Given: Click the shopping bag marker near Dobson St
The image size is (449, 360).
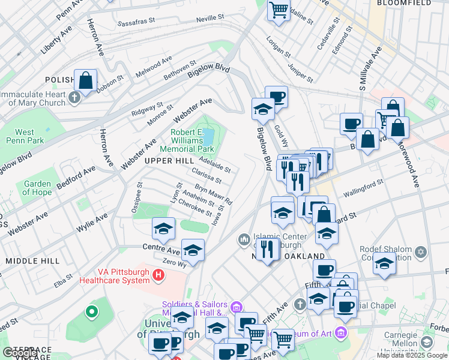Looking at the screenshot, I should (x=86, y=80).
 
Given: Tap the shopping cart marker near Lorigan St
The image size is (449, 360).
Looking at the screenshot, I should (x=279, y=10).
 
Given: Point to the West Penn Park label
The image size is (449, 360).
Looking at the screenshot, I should (x=25, y=136).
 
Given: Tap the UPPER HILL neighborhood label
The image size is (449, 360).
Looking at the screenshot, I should (x=169, y=161).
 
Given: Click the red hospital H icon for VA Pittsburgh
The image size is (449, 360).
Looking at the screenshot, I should (x=158, y=275).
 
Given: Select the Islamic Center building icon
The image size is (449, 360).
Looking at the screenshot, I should (x=244, y=240).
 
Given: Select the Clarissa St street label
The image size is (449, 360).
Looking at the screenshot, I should (x=206, y=176).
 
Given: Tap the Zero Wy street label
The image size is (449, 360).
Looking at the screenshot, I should (x=175, y=263).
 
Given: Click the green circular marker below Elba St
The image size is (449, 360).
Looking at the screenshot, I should (x=91, y=311).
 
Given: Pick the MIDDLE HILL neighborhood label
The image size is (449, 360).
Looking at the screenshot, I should (x=32, y=261).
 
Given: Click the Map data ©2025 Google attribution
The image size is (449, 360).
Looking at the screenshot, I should (x=412, y=355).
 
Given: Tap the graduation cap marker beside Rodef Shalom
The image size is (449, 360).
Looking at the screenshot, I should (x=384, y=263).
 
